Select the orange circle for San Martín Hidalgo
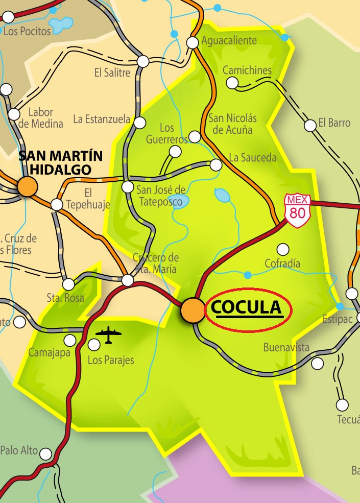(x=27, y=186)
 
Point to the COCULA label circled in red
(x=248, y=308)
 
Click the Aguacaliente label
(x=229, y=40)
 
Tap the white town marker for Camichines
(x=232, y=82)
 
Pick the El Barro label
(x=334, y=123)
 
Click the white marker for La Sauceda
(x=216, y=164)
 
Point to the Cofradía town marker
(x=282, y=249)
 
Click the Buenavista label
(x=286, y=348)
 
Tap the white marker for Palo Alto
(x=46, y=453)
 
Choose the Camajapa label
(x=49, y=352)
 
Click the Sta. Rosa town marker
(x=68, y=284)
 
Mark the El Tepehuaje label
(x=97, y=199)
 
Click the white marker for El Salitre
(x=143, y=61)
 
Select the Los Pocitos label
(x=27, y=31)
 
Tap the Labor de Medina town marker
(x=14, y=114)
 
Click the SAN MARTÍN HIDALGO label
(x=61, y=162)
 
